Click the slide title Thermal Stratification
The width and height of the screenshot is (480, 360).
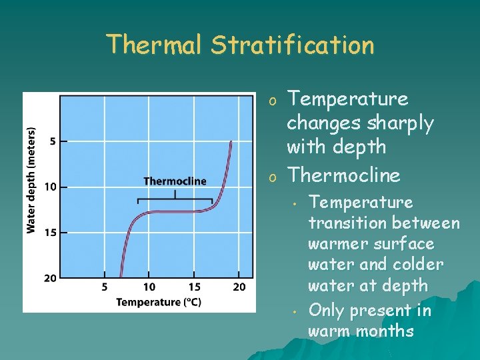[240, 45]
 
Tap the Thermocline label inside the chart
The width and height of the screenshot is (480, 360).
[175, 181]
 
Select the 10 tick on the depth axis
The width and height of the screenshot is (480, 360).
[51, 187]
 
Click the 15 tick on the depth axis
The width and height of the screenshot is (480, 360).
[51, 233]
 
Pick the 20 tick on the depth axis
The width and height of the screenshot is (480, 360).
[51, 277]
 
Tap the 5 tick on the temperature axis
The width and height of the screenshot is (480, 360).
[105, 287]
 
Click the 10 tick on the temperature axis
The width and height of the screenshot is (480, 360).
[149, 287]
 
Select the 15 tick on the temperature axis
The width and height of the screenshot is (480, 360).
[193, 287]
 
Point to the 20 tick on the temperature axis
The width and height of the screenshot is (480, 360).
[239, 287]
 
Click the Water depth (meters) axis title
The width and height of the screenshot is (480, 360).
[31, 180]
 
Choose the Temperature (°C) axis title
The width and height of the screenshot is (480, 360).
[159, 302]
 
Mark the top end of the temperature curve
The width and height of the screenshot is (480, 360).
[231, 142]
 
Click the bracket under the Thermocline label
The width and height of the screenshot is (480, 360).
[175, 199]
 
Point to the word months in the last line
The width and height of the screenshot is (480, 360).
[388, 331]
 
